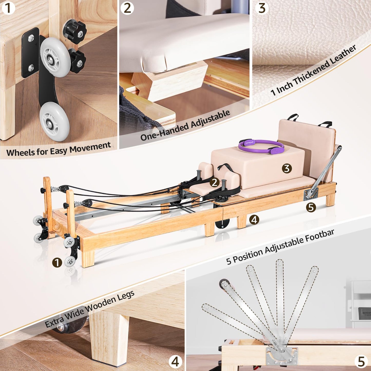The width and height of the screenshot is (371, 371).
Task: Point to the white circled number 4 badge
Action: [x=175, y=362]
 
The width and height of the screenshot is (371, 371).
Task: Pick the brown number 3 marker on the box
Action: [x=287, y=168]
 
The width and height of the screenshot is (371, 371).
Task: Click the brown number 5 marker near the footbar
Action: [x=311, y=207]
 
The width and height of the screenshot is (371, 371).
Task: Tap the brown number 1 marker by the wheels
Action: [x=57, y=262]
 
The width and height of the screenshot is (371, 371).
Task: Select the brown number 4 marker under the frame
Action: [x=254, y=220]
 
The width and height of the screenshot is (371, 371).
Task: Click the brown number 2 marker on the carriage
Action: [x=214, y=182]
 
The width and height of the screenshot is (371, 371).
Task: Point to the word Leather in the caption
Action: [x=343, y=55]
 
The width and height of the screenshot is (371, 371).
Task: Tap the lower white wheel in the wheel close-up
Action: [x=54, y=122]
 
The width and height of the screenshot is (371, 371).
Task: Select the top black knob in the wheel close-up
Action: [x=75, y=29]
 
